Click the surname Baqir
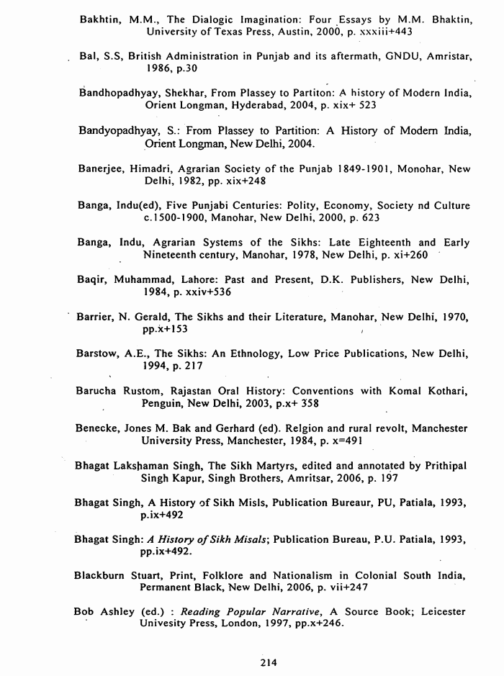click(93, 279)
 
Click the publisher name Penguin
click(163, 403)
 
